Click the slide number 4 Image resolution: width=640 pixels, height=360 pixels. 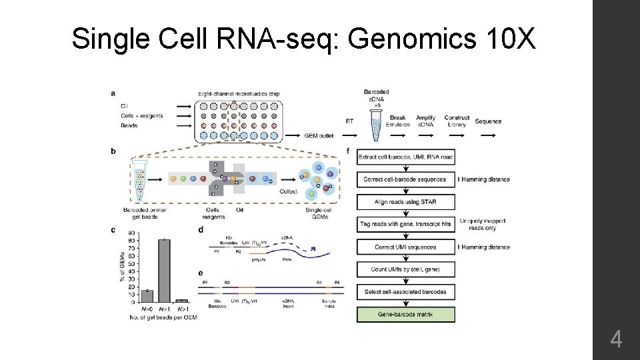(x=616, y=341)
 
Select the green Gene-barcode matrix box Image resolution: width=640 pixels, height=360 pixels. (x=406, y=315)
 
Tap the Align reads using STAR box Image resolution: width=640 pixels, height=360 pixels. (x=406, y=201)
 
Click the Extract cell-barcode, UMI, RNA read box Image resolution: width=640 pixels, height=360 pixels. (x=406, y=157)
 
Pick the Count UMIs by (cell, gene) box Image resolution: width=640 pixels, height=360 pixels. (x=406, y=269)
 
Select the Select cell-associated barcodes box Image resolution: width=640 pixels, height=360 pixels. (x=406, y=292)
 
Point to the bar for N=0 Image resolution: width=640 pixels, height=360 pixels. (x=147, y=296)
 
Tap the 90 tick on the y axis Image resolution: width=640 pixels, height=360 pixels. (x=133, y=233)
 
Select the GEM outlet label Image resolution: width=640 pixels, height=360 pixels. (x=319, y=136)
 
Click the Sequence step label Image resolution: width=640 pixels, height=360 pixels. (x=488, y=121)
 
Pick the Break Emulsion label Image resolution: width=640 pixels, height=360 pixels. (x=398, y=121)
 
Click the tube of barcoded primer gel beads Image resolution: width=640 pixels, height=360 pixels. (x=139, y=180)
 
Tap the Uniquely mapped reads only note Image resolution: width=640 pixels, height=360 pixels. (x=487, y=224)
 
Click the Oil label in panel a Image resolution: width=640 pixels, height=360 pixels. (x=124, y=105)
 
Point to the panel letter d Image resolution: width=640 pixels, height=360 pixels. (x=201, y=229)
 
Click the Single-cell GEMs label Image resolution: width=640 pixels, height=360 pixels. (x=319, y=212)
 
